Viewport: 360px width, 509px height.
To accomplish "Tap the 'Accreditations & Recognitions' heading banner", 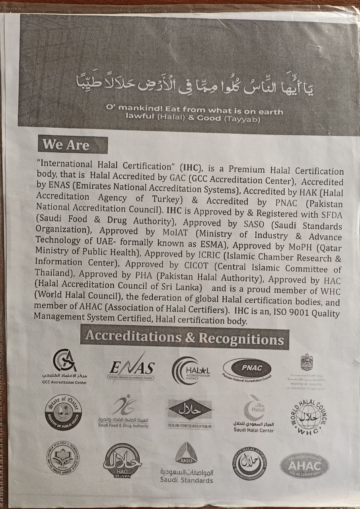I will coord(185,338).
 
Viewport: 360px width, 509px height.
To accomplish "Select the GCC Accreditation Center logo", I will coord(64,365).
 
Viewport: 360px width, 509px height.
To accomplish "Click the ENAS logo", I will coord(132,368).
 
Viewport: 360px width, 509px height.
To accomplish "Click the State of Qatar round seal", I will coord(63,412).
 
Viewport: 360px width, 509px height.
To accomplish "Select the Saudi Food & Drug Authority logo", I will coord(123,411).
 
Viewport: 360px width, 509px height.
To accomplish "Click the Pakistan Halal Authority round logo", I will coord(249,460).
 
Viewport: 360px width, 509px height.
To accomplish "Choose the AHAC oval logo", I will coord(304,464).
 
